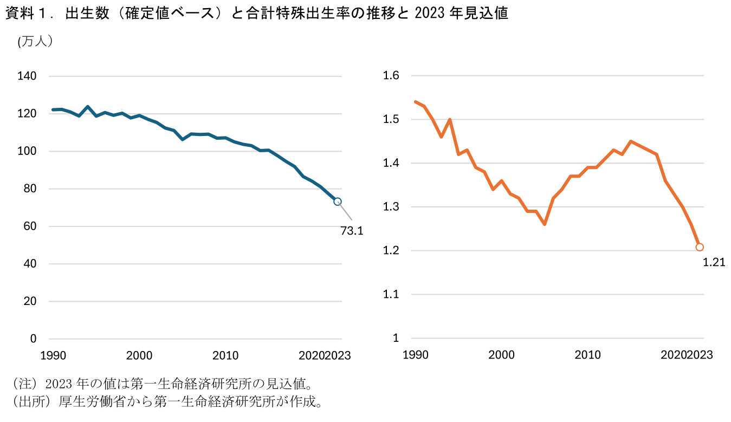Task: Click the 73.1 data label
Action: coord(352,231)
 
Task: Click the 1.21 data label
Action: coord(714,263)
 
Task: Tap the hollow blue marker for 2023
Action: coord(338,202)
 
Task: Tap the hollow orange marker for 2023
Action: coord(700,247)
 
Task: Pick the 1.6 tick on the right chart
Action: coord(391,76)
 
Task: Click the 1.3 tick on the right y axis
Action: coord(391,207)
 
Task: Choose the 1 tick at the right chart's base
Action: coord(396,339)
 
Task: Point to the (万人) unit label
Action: coord(35,42)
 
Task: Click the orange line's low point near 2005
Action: coord(545,224)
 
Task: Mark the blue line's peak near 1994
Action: coord(88,107)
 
